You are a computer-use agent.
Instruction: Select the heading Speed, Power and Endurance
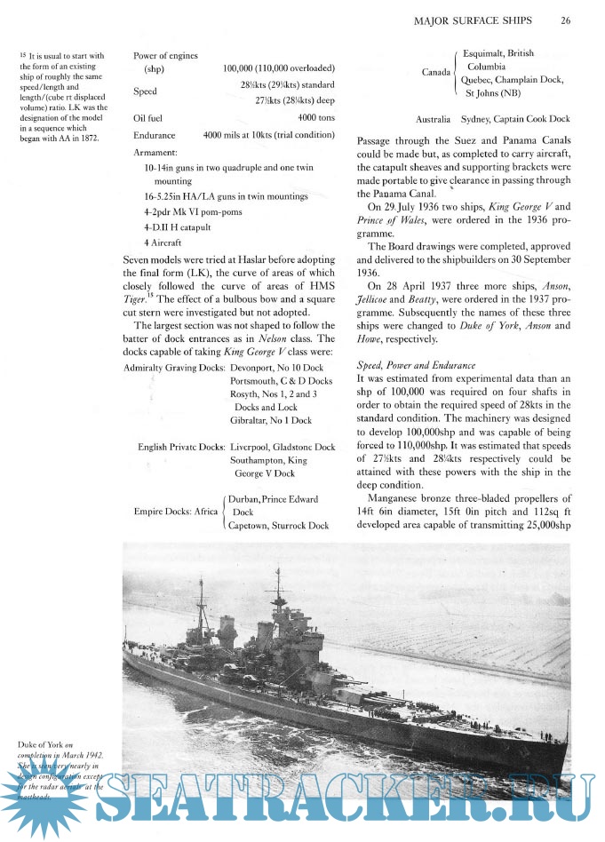tap(418, 340)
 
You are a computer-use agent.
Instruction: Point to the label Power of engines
tap(165, 56)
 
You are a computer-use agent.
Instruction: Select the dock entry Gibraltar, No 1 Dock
tap(271, 420)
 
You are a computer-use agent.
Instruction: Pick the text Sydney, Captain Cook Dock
tap(516, 119)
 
